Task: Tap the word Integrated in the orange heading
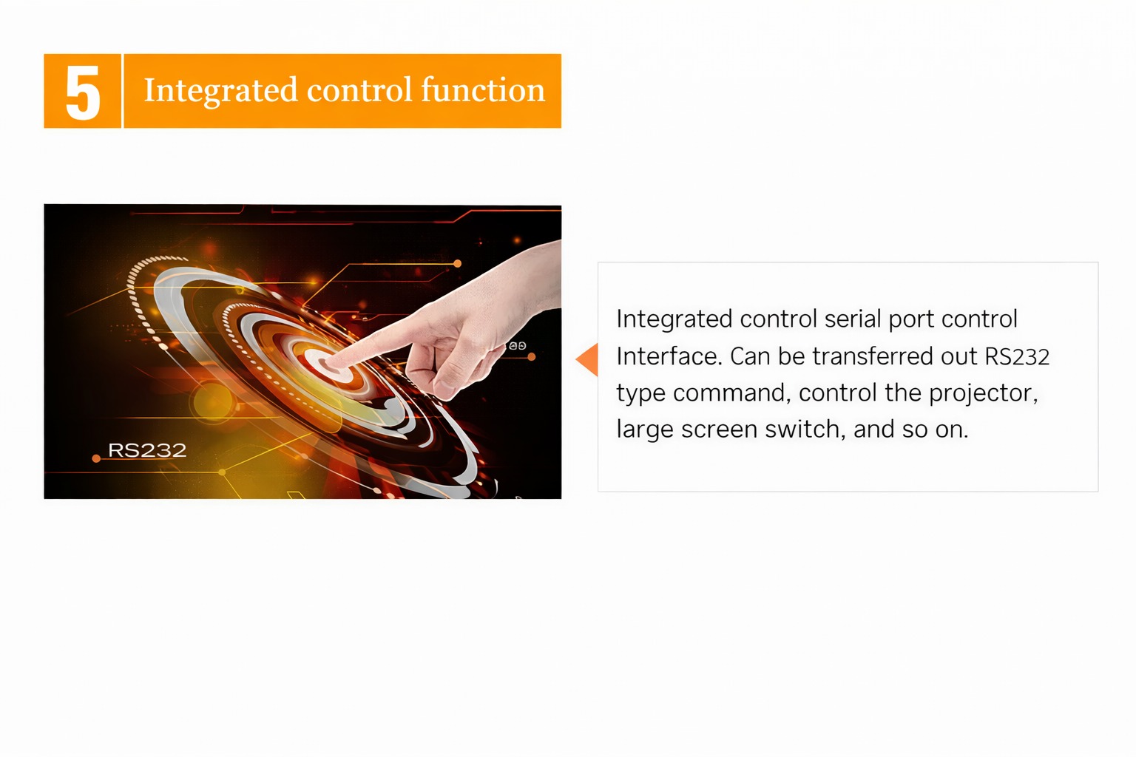pos(220,91)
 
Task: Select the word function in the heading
pos(483,89)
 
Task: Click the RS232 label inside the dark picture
pos(147,450)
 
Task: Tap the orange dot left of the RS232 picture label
pos(96,459)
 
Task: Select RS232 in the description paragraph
pos(1017,356)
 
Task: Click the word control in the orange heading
pos(359,90)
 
